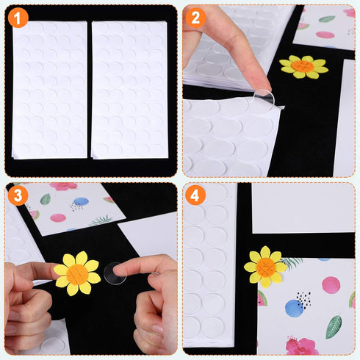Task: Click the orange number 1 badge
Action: click(x=18, y=18)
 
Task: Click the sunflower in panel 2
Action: click(x=303, y=66)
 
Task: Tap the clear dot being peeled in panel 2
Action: click(x=264, y=98)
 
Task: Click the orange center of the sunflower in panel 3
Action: click(x=76, y=274)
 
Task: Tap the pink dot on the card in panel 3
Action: click(x=57, y=217)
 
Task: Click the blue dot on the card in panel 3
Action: click(x=81, y=201)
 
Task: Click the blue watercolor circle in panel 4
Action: click(x=295, y=309)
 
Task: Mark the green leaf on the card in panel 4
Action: click(x=334, y=325)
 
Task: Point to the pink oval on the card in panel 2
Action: click(x=325, y=34)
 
